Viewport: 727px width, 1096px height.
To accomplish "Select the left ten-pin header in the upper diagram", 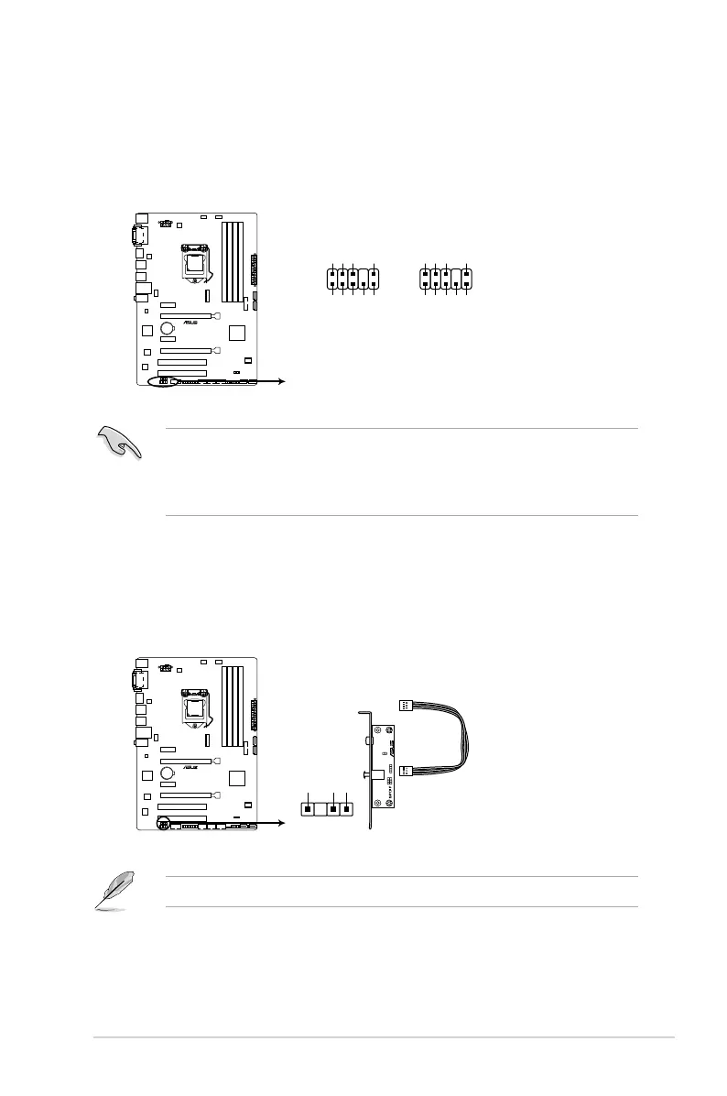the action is point(352,279).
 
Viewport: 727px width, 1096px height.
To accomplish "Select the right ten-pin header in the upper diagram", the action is point(445,279).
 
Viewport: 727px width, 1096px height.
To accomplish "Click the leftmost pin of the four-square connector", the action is point(309,810).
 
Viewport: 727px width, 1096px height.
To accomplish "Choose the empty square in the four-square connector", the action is point(321,810).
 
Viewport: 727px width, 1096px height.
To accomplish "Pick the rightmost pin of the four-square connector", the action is point(346,810).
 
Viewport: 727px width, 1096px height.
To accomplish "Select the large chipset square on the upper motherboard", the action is point(237,332).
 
